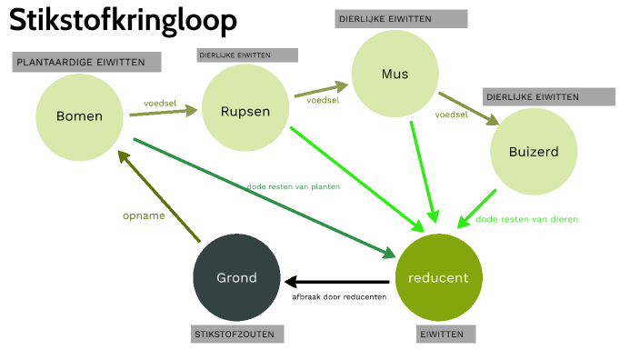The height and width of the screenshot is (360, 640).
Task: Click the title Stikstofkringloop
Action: click(124, 21)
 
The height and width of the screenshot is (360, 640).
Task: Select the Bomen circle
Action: click(79, 116)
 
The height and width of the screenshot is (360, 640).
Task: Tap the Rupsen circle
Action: click(245, 111)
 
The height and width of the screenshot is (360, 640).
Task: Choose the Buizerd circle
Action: click(534, 152)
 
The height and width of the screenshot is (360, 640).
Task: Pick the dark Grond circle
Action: click(236, 277)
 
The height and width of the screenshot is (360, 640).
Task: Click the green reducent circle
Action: click(438, 277)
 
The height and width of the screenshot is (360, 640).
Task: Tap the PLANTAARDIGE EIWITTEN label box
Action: click(86, 62)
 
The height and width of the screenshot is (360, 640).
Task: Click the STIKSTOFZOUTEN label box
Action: click(238, 335)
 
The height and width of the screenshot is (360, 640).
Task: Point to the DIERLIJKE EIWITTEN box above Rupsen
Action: click(247, 55)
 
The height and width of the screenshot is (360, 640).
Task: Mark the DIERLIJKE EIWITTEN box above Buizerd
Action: click(550, 96)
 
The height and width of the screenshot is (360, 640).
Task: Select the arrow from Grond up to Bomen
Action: click(159, 195)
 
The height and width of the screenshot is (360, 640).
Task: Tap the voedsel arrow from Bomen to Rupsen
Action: click(164, 113)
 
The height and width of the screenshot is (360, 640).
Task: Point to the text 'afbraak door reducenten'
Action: click(339, 297)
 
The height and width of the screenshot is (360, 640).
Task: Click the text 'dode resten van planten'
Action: click(293, 187)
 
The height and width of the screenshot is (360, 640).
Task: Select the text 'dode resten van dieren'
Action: click(526, 219)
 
